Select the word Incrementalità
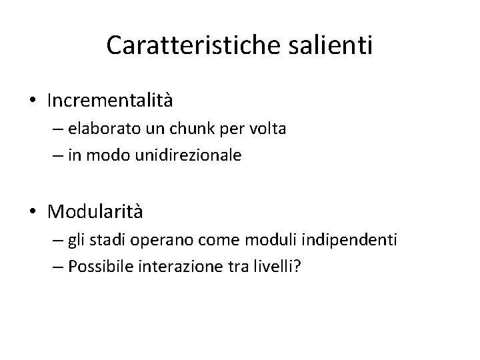click(x=110, y=101)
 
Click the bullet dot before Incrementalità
click(x=33, y=101)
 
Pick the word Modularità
click(x=95, y=212)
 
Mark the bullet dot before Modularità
click(x=33, y=213)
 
